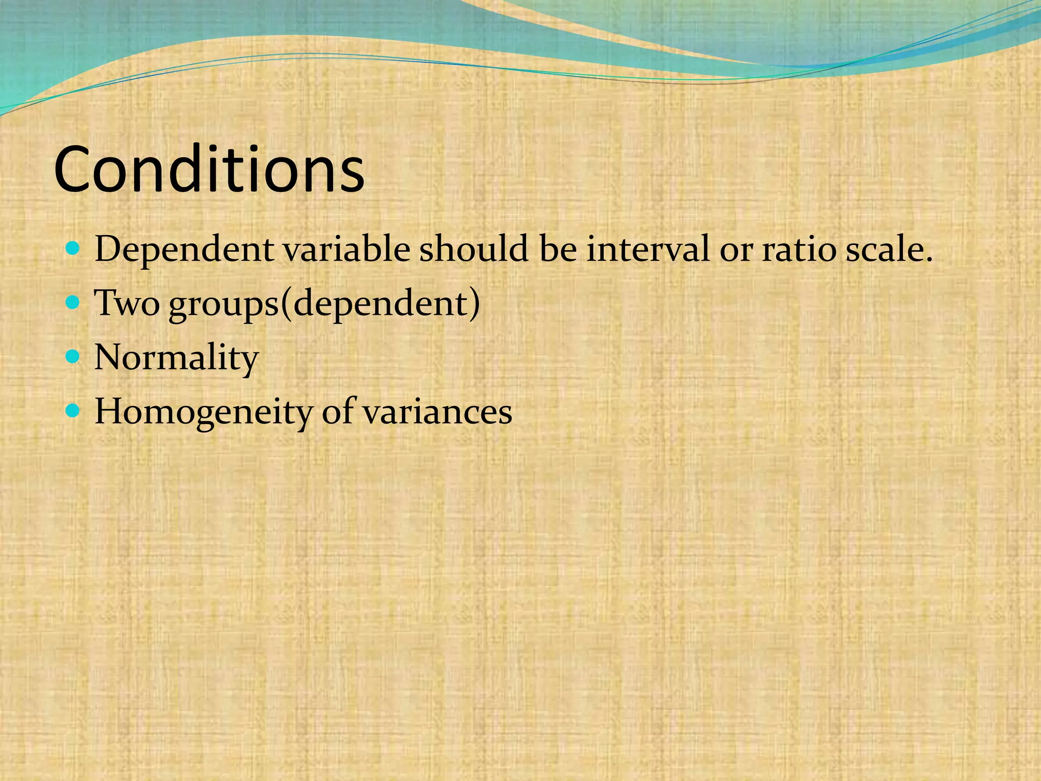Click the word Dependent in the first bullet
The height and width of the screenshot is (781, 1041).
tap(184, 250)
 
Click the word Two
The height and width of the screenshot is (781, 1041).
tap(127, 304)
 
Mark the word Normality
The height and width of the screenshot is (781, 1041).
tap(176, 358)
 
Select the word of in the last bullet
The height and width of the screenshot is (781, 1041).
tap(338, 412)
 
